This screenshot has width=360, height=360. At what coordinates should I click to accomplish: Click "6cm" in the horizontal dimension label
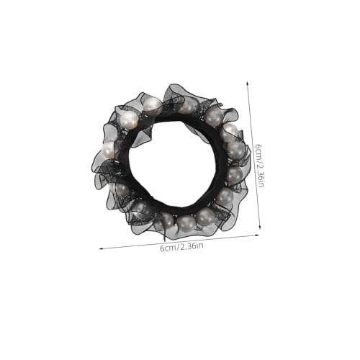click(x=168, y=248)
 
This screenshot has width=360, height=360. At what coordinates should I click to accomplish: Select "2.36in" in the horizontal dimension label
click(x=192, y=246)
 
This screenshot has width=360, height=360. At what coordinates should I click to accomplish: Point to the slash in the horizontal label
click(x=178, y=247)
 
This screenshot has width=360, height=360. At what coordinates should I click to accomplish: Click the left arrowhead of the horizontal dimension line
click(x=101, y=248)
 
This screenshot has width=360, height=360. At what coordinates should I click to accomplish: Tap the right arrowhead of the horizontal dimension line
click(x=258, y=235)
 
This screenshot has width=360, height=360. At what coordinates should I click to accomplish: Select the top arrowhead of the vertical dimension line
click(x=247, y=83)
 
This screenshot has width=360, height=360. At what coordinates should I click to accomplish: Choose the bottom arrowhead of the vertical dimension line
click(x=260, y=228)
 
